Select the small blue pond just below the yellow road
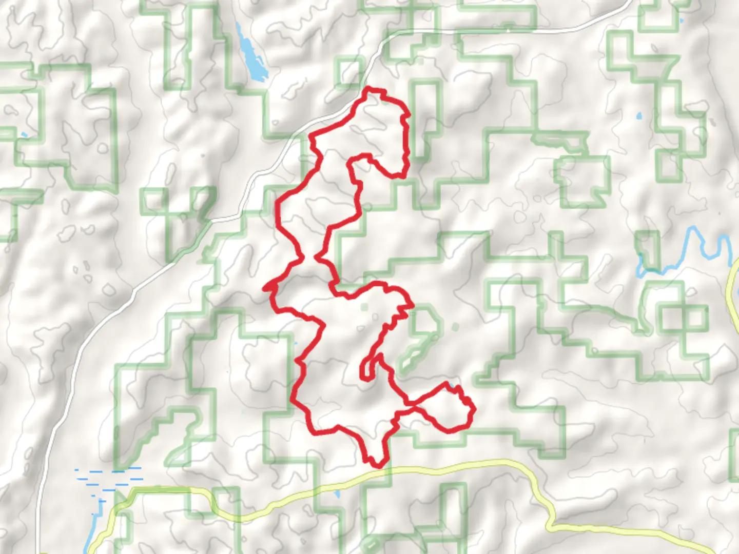pyautogui.click(x=337, y=494)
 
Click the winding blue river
pyautogui.click(x=688, y=251)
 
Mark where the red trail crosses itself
pyautogui.click(x=413, y=407)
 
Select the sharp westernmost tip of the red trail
pyautogui.click(x=265, y=289)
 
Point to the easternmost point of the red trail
pyautogui.click(x=474, y=409)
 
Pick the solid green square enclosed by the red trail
pyautogui.click(x=364, y=307)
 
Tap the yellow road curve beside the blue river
pyautogui.click(x=733, y=287)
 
